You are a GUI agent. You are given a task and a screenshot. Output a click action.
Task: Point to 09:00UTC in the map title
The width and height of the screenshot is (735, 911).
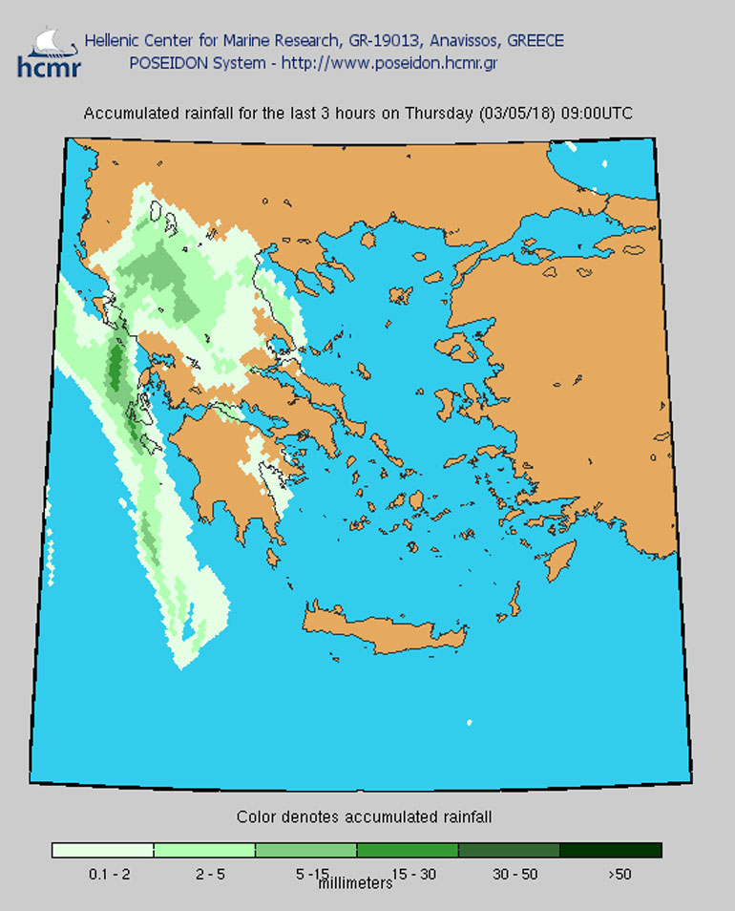[x=597, y=113]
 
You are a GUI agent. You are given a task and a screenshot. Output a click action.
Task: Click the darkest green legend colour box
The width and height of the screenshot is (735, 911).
[x=610, y=850]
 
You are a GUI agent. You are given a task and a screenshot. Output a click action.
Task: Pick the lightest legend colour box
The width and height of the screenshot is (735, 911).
[x=102, y=850]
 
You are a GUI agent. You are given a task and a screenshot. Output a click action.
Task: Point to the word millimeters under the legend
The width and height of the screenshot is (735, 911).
[x=354, y=883]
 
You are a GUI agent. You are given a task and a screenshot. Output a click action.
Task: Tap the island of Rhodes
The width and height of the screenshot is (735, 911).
[x=561, y=560]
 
